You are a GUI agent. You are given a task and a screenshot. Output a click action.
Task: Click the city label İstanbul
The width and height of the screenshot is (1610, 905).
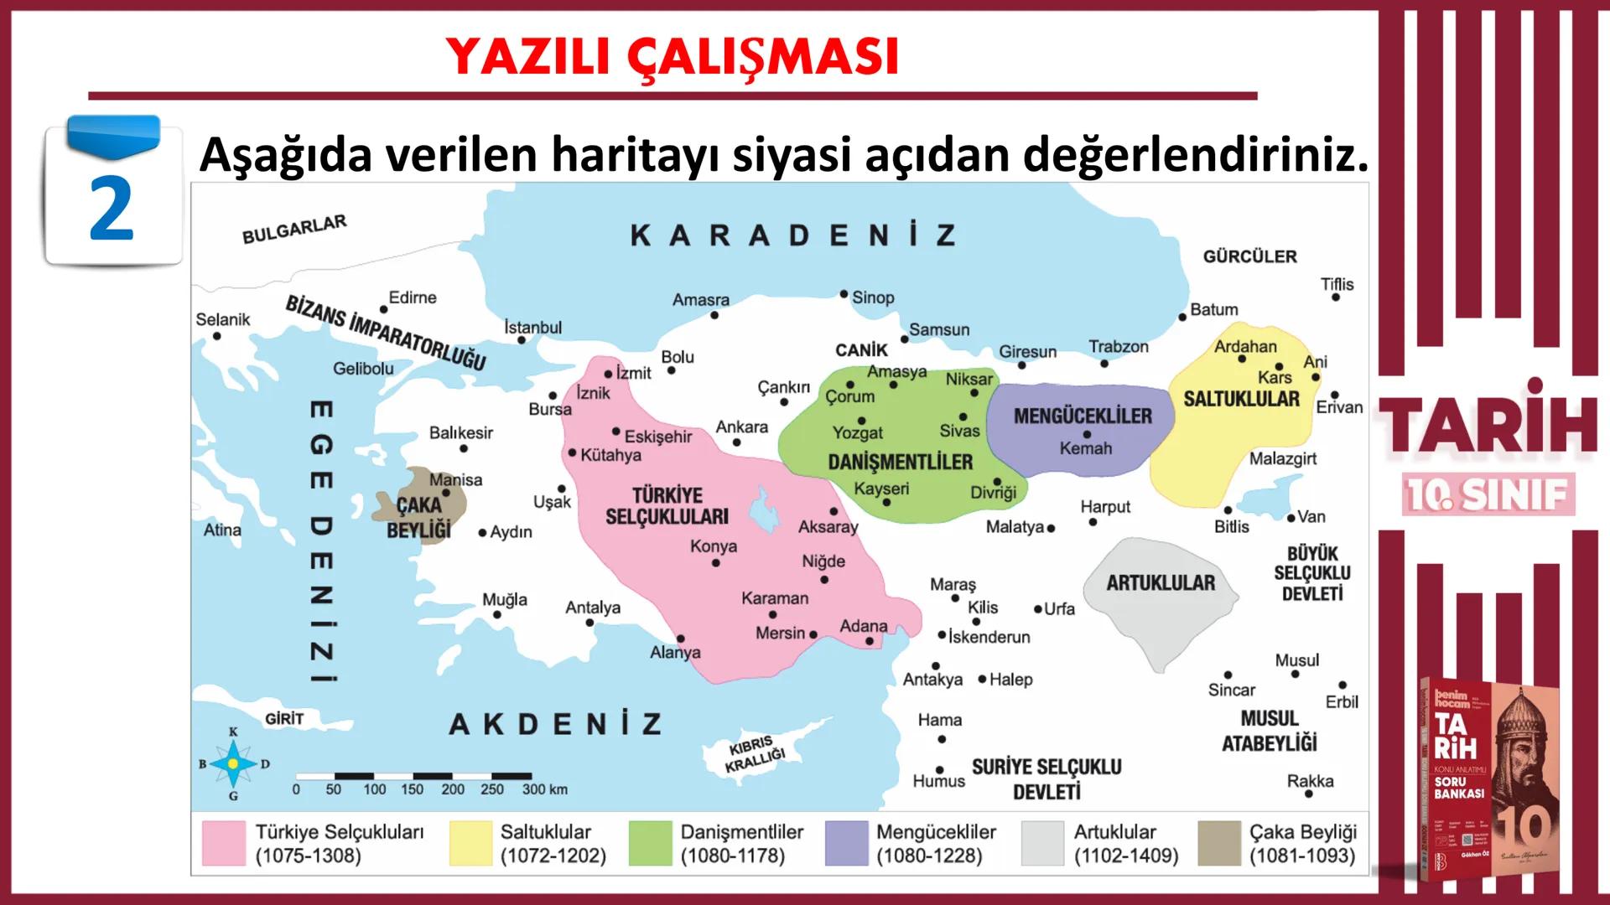pos(533,328)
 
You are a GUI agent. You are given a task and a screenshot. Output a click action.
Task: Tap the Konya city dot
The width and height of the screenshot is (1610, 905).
pos(715,563)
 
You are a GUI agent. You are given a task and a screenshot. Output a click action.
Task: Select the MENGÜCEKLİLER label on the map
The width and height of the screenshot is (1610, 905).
pos(1083,416)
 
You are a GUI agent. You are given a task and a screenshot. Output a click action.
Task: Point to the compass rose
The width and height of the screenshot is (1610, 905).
pos(233,763)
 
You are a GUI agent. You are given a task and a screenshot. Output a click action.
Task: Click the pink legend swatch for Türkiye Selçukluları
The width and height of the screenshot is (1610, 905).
pos(223,843)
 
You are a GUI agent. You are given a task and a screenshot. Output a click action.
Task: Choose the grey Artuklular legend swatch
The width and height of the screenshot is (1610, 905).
pos(1042,843)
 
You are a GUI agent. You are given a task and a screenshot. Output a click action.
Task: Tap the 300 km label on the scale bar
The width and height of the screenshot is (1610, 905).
pos(545,789)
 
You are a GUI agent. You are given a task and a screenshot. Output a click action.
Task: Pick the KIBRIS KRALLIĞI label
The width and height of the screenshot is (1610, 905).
pos(754,755)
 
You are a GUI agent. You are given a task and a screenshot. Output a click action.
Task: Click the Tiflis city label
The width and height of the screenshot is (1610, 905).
pos(1337,284)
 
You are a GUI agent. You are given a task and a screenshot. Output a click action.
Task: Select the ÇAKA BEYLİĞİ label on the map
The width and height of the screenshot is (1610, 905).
pos(418,517)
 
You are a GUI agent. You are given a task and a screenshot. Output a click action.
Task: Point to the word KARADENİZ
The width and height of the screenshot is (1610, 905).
pos(792,235)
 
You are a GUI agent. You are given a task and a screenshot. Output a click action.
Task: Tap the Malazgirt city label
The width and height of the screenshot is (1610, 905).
pos(1282,458)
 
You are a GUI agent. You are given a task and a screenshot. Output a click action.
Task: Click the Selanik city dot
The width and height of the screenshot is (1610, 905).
pos(217,336)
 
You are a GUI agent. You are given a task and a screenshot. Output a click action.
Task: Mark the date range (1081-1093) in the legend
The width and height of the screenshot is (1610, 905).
pos(1301,856)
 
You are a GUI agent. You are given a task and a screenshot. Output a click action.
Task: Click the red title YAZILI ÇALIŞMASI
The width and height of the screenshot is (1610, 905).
pos(672,57)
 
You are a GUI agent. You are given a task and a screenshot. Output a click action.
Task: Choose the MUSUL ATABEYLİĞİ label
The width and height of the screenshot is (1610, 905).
pos(1269,731)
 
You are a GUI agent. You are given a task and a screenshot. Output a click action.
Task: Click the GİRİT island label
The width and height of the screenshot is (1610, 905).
pos(284,719)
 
